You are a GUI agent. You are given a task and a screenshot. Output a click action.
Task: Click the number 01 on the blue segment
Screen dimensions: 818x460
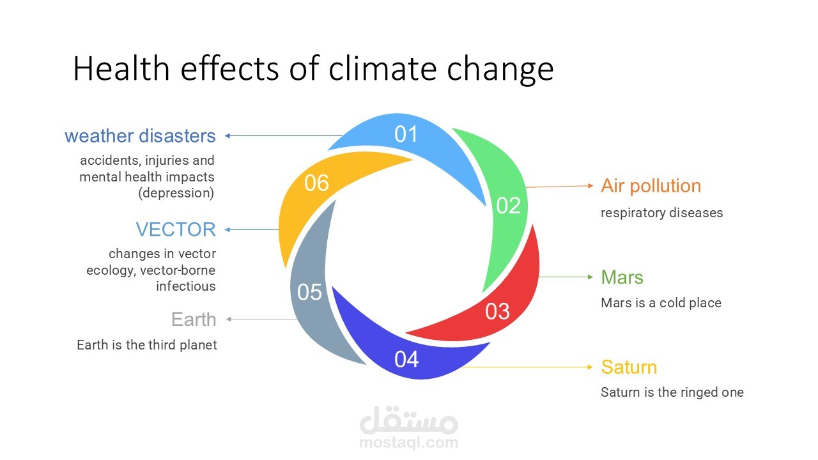tap(406, 134)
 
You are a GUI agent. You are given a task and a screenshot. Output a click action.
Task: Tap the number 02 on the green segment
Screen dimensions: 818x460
tap(508, 206)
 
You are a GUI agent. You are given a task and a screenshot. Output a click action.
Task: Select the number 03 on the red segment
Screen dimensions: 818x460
tap(497, 311)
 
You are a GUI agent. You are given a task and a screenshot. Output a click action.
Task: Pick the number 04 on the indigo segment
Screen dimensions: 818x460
tap(406, 359)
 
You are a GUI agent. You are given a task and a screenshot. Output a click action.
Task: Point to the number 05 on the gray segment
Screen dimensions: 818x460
tap(309, 292)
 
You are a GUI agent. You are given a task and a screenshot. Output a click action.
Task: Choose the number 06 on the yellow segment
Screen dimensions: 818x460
tap(316, 183)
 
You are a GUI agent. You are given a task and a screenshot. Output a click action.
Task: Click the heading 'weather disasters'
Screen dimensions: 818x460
tap(140, 136)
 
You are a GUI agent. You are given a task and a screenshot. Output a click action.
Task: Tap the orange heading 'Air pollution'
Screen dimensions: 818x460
tap(651, 186)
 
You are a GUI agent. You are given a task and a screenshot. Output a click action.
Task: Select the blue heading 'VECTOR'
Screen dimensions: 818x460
tap(176, 229)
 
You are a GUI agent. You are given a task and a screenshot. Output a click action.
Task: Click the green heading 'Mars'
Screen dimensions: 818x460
tap(622, 277)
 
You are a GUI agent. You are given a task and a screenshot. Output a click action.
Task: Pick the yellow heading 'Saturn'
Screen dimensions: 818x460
tap(629, 367)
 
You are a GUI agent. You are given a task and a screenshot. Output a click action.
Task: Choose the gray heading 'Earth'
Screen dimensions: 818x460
tap(194, 319)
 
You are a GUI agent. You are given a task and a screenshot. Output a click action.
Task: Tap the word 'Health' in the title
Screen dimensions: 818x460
tap(121, 68)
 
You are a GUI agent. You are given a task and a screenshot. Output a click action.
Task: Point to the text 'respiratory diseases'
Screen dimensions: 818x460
tap(661, 213)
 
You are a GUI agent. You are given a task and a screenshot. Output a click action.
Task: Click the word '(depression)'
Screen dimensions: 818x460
tap(176, 193)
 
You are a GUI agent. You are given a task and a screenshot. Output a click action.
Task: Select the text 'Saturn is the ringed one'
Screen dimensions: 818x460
tap(672, 392)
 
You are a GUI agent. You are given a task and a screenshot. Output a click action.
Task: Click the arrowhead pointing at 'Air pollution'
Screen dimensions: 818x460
tap(590, 186)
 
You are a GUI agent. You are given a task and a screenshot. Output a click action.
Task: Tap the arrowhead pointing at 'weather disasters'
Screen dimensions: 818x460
tap(228, 136)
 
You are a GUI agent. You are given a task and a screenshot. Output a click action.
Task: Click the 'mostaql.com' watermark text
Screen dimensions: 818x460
tap(408, 443)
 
